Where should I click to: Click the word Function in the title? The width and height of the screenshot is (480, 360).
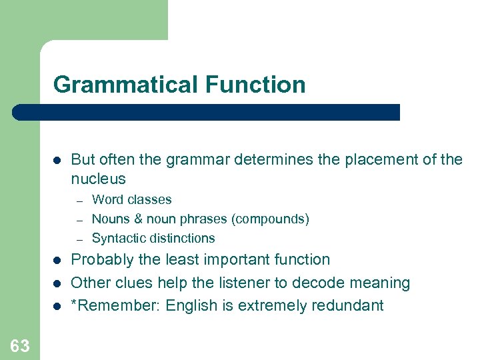click(x=255, y=85)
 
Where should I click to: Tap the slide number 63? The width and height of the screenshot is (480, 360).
click(x=19, y=345)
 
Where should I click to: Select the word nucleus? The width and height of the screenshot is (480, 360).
click(x=98, y=179)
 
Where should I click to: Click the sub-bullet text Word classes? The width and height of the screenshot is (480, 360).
click(x=131, y=199)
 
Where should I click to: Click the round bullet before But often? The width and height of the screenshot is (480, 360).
click(x=57, y=160)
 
